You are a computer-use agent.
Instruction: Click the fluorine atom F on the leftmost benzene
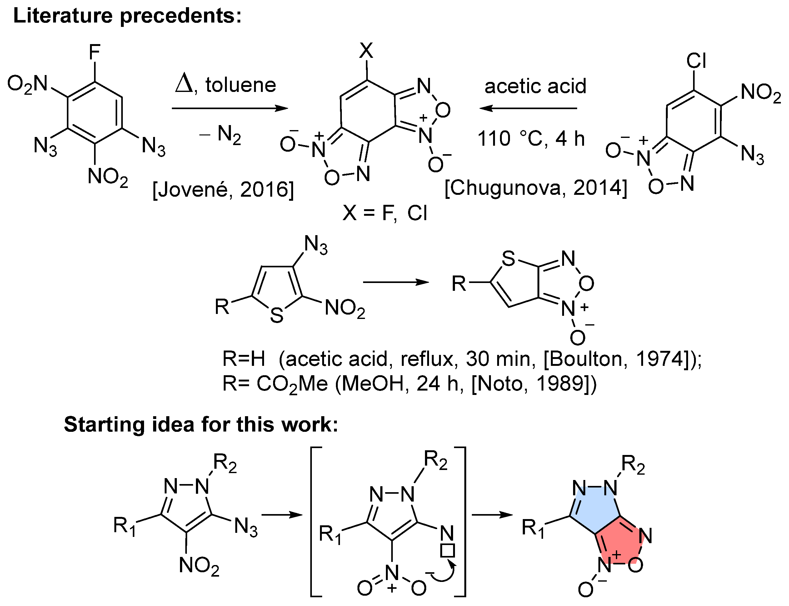(94, 52)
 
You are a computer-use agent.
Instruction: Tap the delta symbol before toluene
(184, 85)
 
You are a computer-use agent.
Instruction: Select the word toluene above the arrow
(240, 85)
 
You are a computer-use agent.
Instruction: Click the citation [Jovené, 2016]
(223, 190)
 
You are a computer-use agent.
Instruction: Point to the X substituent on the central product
(366, 51)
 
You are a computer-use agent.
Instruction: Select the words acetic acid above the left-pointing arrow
(535, 87)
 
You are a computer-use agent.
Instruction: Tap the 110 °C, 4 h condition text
(531, 139)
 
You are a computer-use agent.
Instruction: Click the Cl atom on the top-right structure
(696, 61)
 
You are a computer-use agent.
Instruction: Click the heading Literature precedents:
(127, 16)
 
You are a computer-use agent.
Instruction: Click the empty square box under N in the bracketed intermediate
(448, 551)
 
